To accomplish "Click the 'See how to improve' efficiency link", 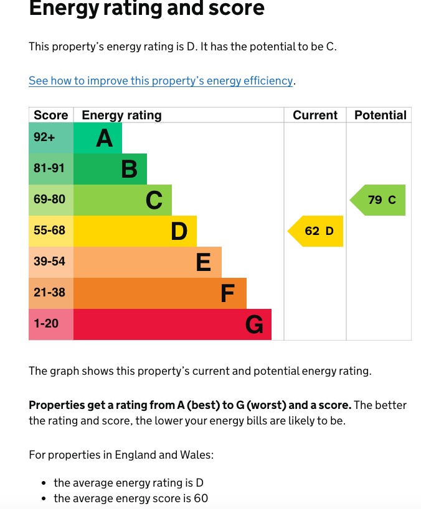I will coord(161,81).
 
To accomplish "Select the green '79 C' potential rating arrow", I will coord(379,200).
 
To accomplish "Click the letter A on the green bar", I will coord(105,138).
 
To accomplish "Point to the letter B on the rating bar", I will coord(129,169).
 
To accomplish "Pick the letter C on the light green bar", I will coord(154,200).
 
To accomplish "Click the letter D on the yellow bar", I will coord(179,231).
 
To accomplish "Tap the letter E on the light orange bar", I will coord(203,262).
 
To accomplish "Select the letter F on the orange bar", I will coord(228,293).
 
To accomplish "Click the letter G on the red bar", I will coord(254,324).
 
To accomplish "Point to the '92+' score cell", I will coord(45,137).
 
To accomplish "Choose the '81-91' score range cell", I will coord(49,168).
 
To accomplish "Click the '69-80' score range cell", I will coord(49,199).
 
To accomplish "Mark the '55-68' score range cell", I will coord(49,231).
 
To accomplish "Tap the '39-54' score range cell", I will coord(49,262).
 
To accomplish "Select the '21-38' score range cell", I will coord(49,293).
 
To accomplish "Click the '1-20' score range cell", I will coord(46,324).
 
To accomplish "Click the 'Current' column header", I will coord(315,115).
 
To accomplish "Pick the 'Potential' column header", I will coord(380,115).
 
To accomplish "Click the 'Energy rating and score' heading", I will coord(147,9).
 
